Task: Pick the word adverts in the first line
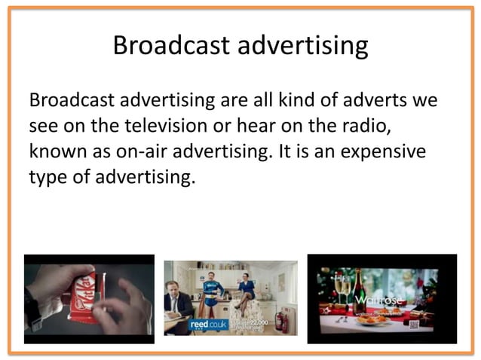pos(379,100)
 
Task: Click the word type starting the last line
pos(50,178)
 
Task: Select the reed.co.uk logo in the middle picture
pos(204,325)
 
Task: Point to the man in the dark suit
pos(179,305)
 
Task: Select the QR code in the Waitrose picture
pos(414,325)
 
